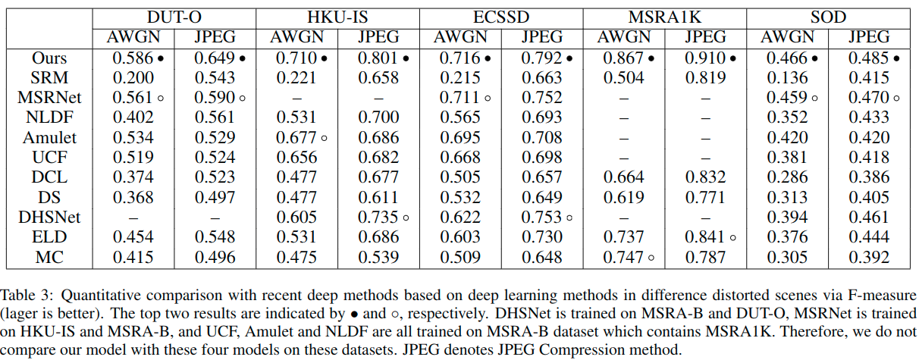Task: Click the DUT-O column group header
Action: pos(174,17)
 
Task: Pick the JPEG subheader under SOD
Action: pos(870,36)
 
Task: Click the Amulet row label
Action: pos(49,137)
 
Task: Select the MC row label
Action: pos(49,256)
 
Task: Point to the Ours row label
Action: pos(49,58)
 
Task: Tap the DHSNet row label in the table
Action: pos(49,217)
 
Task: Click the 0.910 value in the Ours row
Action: pos(701,58)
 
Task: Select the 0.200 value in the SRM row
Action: pos(133,77)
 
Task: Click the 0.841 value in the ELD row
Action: pos(701,236)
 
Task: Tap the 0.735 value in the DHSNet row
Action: pos(374,217)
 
